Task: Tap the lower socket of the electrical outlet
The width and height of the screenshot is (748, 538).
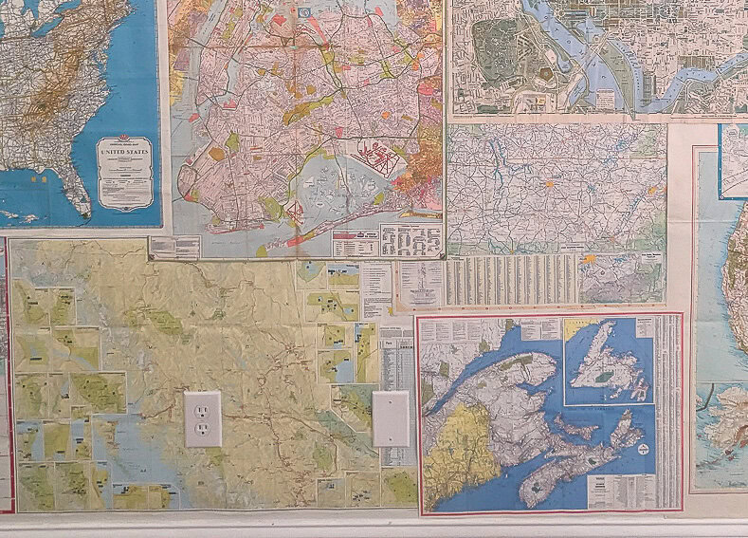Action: [202, 432]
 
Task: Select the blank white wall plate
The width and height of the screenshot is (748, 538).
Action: [391, 418]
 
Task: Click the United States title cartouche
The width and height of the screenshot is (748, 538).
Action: [123, 172]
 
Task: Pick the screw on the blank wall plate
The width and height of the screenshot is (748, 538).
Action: [391, 418]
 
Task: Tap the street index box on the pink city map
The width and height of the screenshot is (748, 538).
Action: [410, 240]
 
